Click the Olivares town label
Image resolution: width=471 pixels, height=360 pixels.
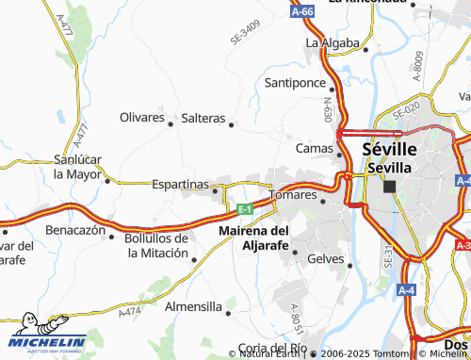coord(142,118)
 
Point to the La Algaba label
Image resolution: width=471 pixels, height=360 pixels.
coord(332,43)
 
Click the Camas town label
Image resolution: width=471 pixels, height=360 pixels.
coord(315,148)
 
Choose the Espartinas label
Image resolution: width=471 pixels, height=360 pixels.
coord(179,185)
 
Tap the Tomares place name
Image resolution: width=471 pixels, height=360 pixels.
coord(292,194)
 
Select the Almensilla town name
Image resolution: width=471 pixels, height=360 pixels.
coord(192,307)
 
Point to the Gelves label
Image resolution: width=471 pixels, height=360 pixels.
coord(326,258)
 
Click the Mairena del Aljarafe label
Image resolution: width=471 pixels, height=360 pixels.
coord(253,237)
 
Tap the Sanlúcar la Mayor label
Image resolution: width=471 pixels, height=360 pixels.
coord(77,166)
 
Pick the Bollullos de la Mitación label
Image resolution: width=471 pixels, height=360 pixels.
coord(157,245)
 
